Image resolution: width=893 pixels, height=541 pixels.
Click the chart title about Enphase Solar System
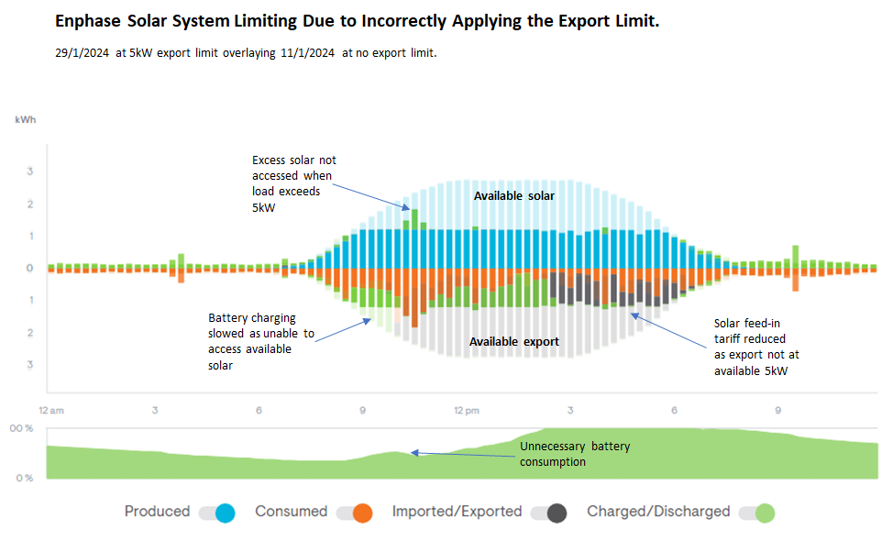pyautogui.click(x=357, y=21)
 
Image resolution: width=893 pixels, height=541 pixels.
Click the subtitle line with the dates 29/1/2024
pyautogui.click(x=246, y=53)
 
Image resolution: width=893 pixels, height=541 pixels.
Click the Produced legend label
pyautogui.click(x=157, y=512)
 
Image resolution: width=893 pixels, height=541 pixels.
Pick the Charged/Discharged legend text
pyautogui.click(x=658, y=512)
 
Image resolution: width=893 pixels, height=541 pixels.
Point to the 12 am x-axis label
pyautogui.click(x=51, y=410)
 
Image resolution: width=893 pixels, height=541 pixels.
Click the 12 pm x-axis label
pyautogui.click(x=466, y=410)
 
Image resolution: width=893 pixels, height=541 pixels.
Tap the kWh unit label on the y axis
pyautogui.click(x=25, y=120)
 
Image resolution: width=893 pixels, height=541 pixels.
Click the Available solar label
pyautogui.click(x=513, y=195)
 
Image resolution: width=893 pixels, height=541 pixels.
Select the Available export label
pyautogui.click(x=513, y=341)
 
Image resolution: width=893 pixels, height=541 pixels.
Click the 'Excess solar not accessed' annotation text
pyautogui.click(x=294, y=182)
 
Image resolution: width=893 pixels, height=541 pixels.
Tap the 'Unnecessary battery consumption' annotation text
pyautogui.click(x=575, y=454)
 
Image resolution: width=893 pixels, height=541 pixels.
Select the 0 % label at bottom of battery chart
pyautogui.click(x=24, y=478)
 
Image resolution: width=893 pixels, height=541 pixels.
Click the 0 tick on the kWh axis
pyautogui.click(x=29, y=268)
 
